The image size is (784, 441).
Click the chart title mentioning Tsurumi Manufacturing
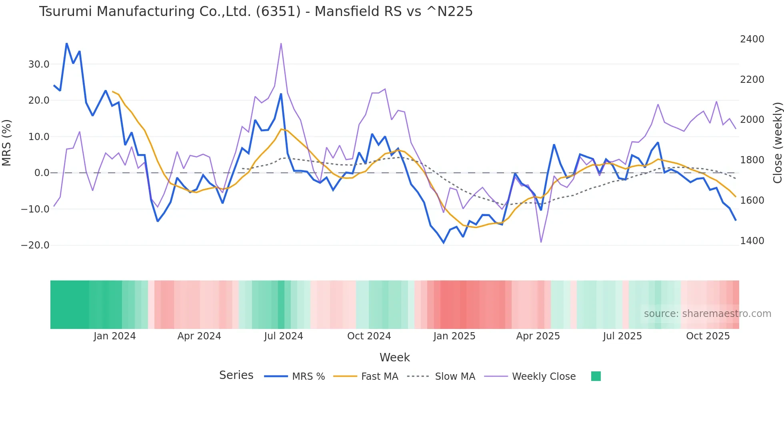point(256,12)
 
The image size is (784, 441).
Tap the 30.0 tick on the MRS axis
point(38,64)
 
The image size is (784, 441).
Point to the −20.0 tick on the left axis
point(35,245)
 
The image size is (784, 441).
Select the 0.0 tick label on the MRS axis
point(42,173)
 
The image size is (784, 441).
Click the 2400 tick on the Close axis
point(752,39)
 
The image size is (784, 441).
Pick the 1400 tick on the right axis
point(752,241)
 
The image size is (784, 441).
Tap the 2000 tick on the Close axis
point(752,120)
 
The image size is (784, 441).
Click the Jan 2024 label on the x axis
point(115,336)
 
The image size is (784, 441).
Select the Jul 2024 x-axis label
point(284,336)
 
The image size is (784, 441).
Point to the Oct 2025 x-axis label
point(708,336)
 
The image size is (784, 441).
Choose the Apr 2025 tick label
point(538,336)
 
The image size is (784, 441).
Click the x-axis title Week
point(394,357)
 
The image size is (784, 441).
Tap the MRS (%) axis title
point(7,143)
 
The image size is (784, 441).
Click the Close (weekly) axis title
point(777,143)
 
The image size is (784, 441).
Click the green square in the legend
point(596,376)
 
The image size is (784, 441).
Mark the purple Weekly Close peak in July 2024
point(281,43)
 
